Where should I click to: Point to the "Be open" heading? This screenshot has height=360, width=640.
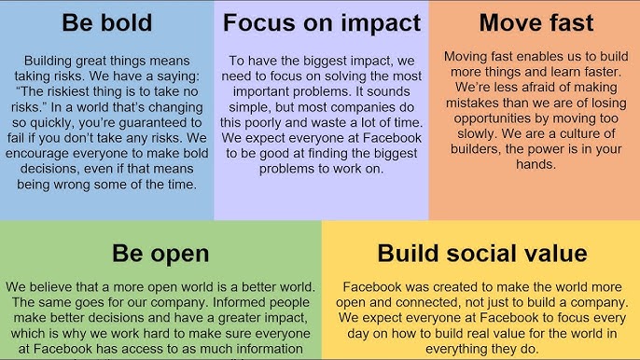pos(160,253)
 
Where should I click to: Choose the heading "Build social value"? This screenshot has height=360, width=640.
pos(481,253)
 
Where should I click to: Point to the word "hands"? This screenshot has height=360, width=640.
pos(535,165)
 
